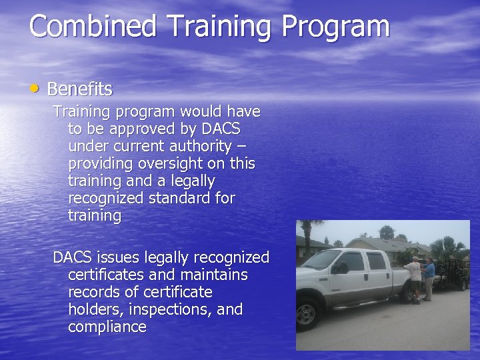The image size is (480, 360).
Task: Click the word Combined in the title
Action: point(93,27)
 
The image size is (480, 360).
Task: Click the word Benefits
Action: point(79,89)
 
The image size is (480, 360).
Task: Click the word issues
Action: point(117,257)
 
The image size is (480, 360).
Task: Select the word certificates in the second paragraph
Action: point(105,275)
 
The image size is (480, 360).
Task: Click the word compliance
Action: point(107,327)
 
